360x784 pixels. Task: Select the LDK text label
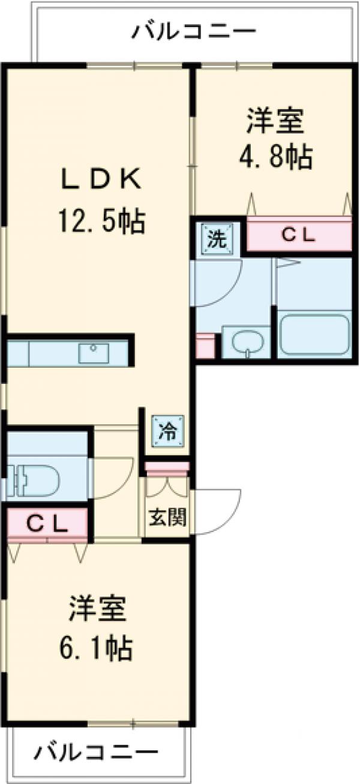[101, 179]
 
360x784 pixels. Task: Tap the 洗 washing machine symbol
[214, 239]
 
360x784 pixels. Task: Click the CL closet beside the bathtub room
[298, 236]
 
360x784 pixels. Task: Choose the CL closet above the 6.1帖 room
[47, 524]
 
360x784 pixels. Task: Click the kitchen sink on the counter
[94, 353]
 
